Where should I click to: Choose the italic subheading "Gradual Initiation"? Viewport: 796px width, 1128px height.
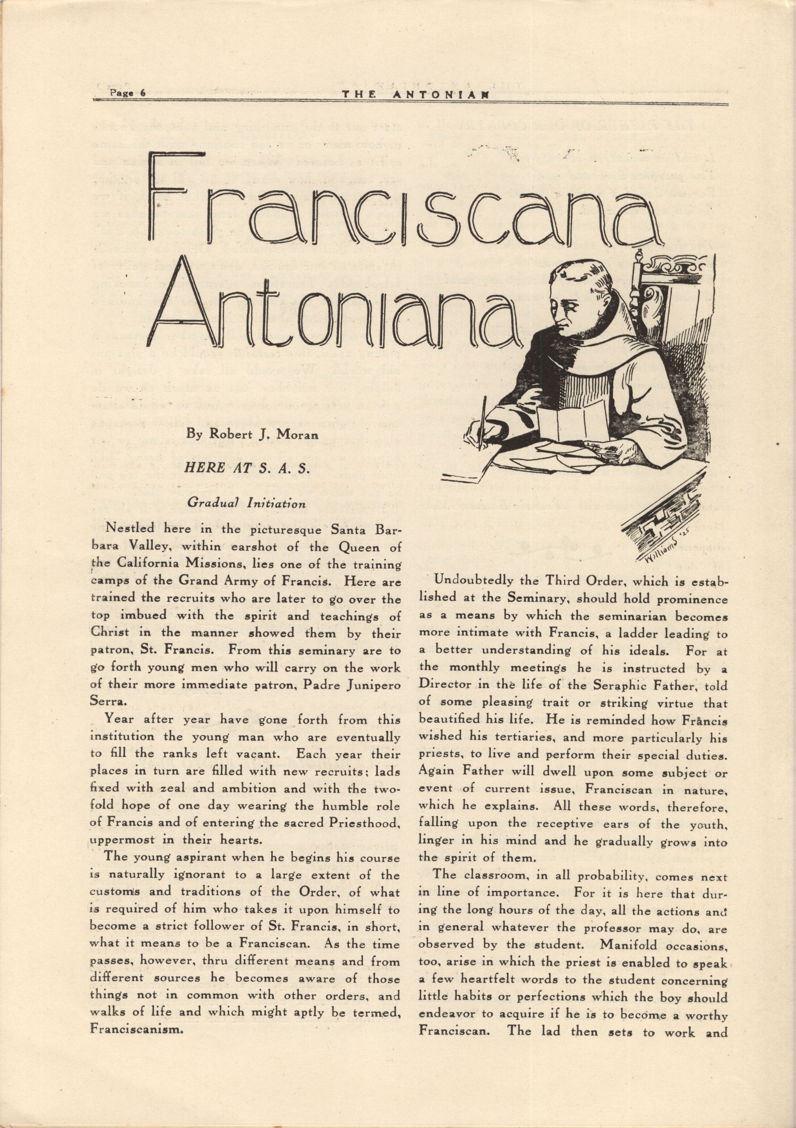247,503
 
